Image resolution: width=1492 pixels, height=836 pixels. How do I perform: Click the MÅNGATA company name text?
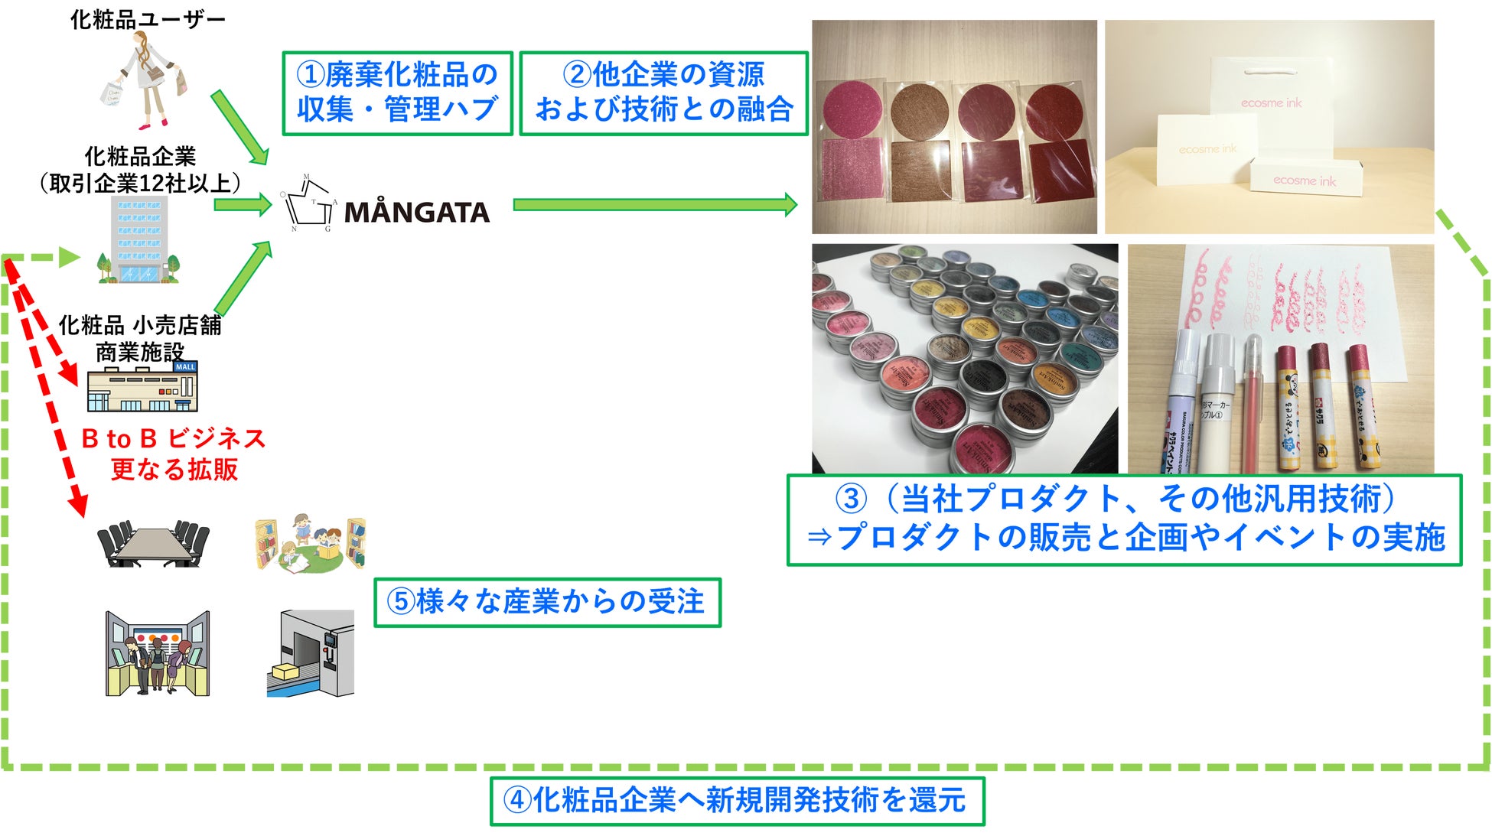point(416,212)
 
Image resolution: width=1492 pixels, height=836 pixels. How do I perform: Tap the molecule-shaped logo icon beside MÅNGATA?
point(308,203)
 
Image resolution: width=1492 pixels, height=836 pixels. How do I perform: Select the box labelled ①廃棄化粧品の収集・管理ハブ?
point(397,93)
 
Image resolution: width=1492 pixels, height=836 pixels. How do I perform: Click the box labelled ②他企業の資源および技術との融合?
point(663,93)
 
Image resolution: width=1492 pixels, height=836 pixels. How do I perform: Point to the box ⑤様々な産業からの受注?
point(547,603)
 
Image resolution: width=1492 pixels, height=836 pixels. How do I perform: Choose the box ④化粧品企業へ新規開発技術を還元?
point(737,801)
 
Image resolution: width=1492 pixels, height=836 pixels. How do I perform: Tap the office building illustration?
point(139,239)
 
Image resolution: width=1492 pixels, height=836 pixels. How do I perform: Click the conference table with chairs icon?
point(153,544)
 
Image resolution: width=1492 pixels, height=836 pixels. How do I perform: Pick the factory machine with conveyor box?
point(311,653)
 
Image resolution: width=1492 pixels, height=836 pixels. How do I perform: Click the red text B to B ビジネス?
point(174,438)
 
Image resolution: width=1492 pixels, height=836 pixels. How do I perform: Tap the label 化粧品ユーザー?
point(148,19)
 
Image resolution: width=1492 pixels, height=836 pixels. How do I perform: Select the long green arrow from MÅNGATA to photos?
point(655,204)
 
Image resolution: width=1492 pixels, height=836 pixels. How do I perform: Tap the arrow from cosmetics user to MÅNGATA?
point(239,126)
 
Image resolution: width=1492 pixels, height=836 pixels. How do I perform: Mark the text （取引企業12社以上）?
point(140,184)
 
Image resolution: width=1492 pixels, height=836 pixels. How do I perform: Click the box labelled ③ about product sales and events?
point(1123,519)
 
